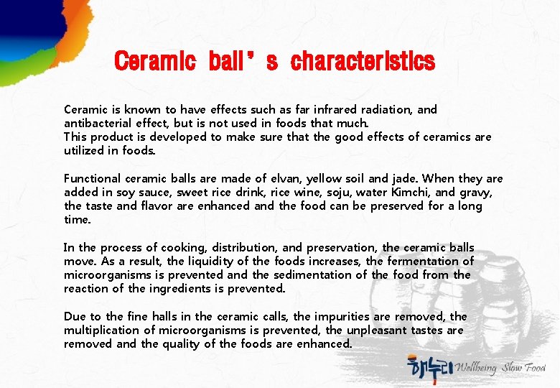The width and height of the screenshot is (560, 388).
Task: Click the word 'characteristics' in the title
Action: point(363,62)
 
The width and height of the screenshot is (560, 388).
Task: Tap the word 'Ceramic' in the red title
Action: point(155,62)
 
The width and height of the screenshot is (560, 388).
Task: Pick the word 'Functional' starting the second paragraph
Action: point(92,178)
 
